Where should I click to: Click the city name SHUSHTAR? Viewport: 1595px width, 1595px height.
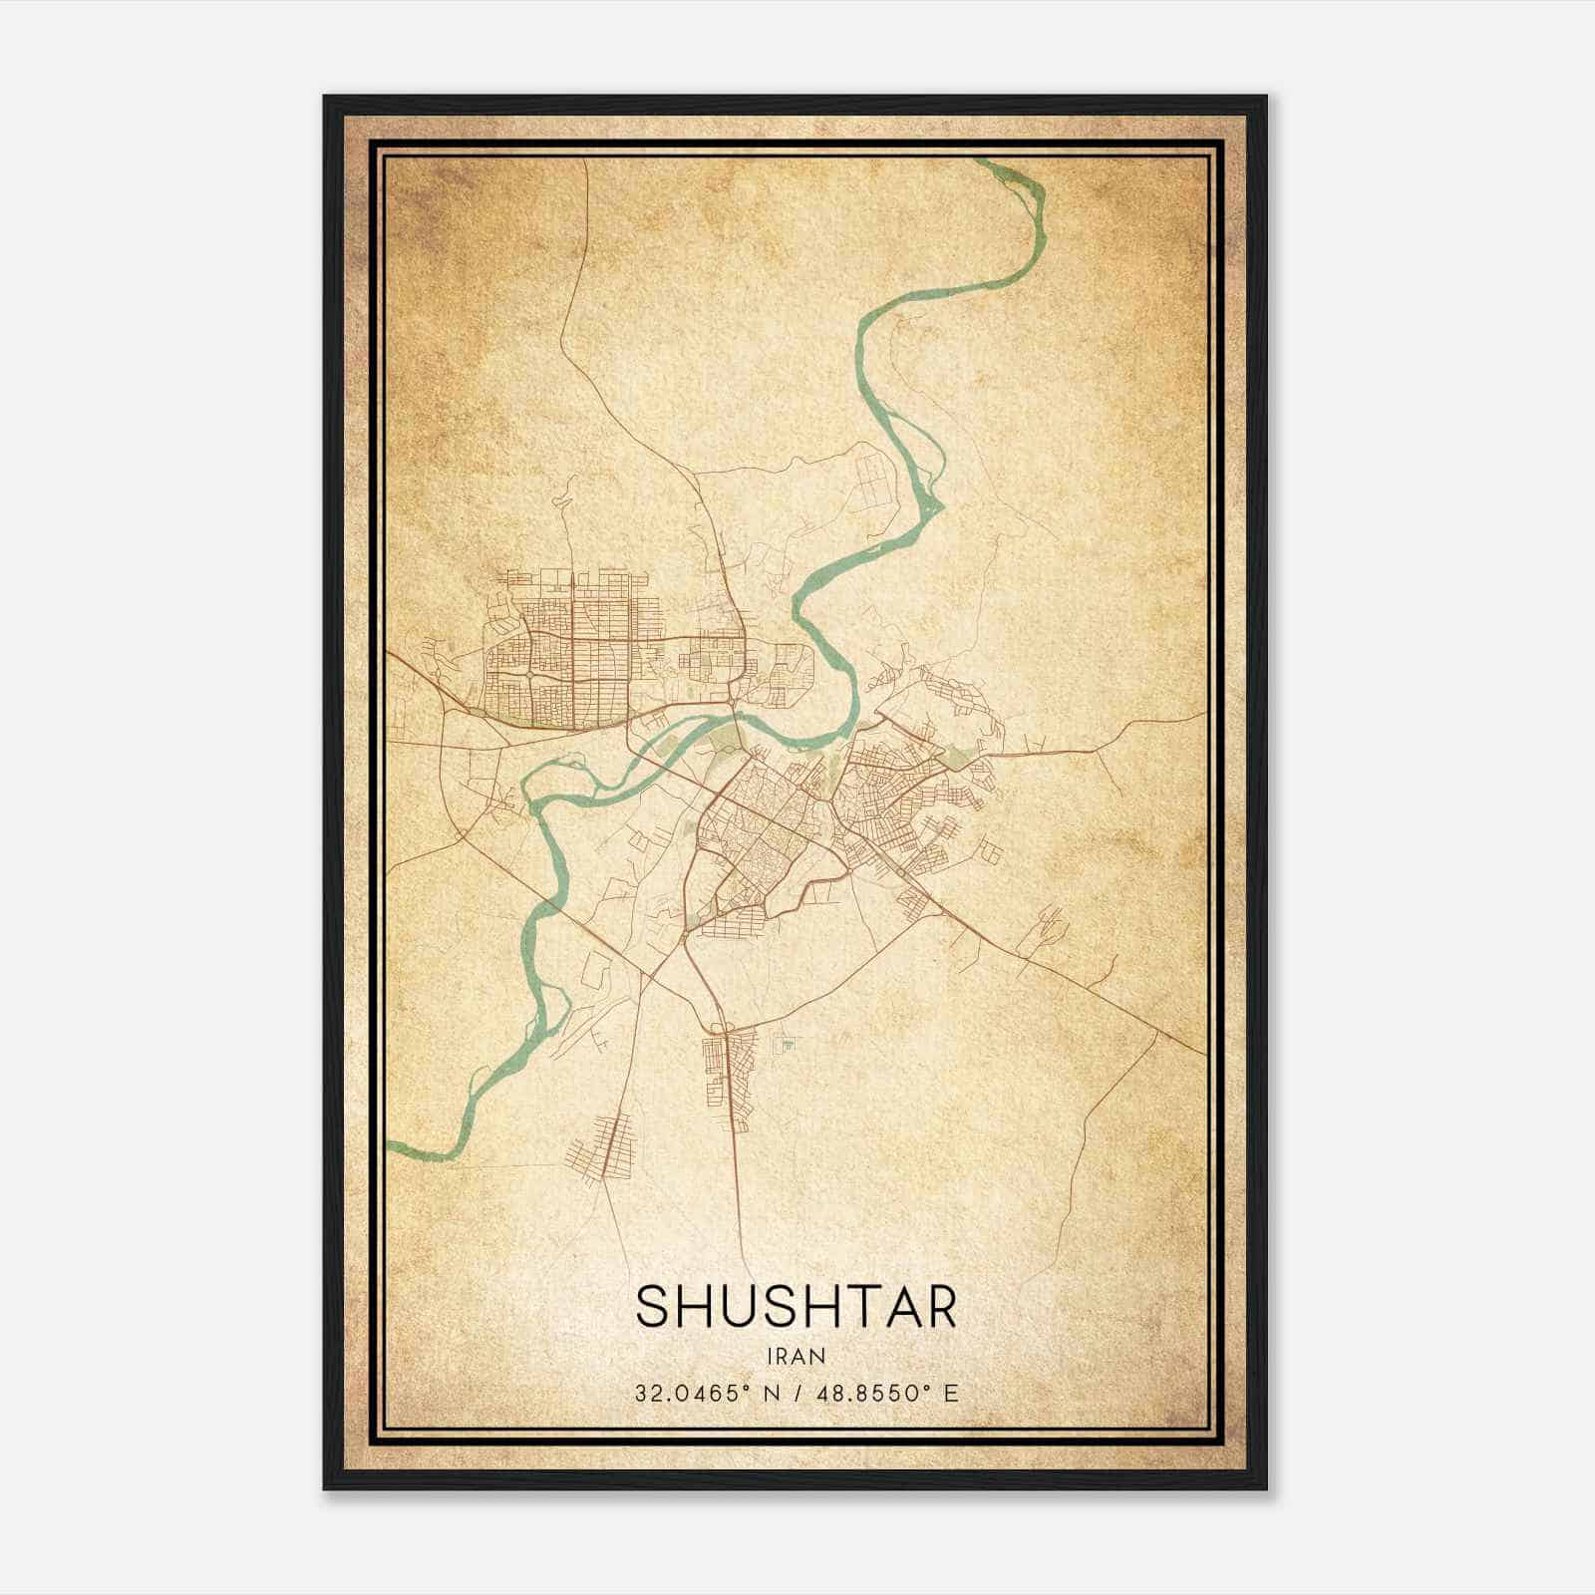click(x=797, y=1306)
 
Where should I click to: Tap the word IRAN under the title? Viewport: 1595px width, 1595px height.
click(x=797, y=1356)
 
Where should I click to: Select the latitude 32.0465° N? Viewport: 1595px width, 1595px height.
click(x=703, y=1393)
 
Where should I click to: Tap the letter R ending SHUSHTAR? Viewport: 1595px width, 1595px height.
click(x=939, y=1306)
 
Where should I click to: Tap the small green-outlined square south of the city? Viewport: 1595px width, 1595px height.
click(x=788, y=1044)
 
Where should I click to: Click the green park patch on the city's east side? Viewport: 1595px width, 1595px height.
click(x=958, y=759)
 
